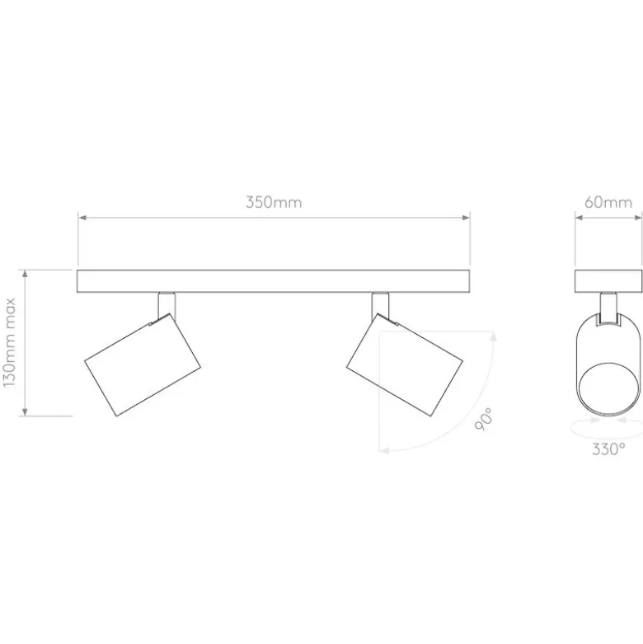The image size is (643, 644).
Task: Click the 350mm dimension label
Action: (x=274, y=202)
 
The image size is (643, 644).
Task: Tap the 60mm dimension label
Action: (x=608, y=202)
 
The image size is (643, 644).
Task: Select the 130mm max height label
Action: (x=9, y=341)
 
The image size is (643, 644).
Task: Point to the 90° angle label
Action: (x=483, y=419)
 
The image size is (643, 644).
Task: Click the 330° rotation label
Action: (x=608, y=449)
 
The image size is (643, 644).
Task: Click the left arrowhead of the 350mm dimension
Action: (x=82, y=217)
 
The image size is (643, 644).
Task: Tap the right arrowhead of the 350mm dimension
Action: (x=465, y=217)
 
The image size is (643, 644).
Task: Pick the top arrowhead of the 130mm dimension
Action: (x=25, y=274)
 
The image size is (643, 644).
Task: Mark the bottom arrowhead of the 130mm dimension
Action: (x=25, y=411)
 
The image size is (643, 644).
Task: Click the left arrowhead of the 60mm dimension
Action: (x=580, y=217)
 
